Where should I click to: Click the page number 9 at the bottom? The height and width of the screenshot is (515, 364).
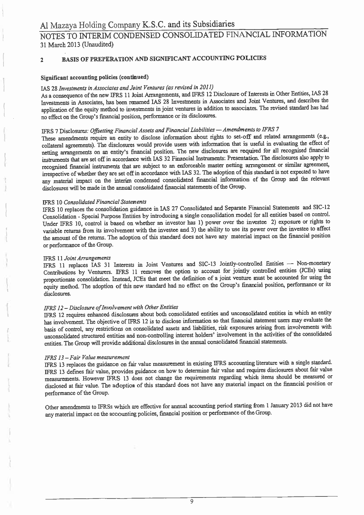click(191, 501)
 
